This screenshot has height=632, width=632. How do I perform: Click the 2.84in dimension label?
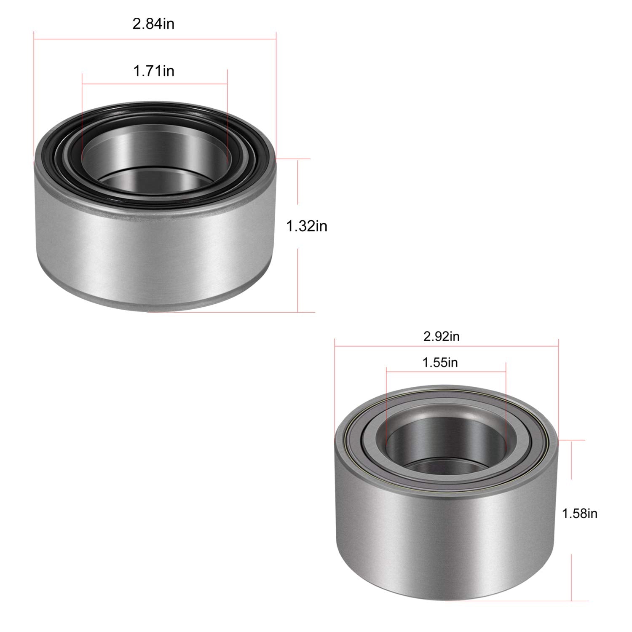pyautogui.click(x=153, y=24)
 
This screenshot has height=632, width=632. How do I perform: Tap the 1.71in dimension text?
pyautogui.click(x=154, y=71)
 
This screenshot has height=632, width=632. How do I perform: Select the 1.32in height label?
pyautogui.click(x=307, y=227)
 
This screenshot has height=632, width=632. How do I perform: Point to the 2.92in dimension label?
pyautogui.click(x=441, y=336)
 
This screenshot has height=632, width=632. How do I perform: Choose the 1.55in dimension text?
pyautogui.click(x=440, y=362)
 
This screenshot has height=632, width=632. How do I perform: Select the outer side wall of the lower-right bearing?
pyautogui.click(x=447, y=527)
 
